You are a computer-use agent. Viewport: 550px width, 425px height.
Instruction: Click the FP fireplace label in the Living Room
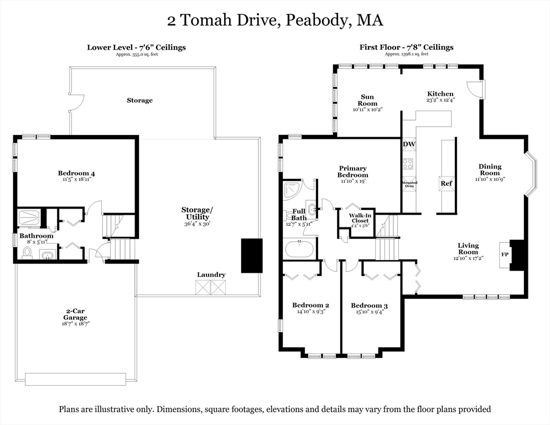point(504,255)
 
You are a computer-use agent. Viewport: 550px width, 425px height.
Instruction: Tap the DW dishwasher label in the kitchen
point(409,144)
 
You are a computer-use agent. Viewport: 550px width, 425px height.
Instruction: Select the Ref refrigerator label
point(447,183)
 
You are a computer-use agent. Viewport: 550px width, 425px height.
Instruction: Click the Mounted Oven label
point(409,184)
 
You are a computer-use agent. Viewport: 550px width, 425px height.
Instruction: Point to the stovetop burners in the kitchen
point(408,164)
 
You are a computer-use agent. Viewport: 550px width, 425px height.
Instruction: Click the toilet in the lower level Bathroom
point(27,252)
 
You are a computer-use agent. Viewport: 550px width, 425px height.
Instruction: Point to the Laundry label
point(211,275)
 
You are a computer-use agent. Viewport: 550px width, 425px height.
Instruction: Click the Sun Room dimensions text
point(367,110)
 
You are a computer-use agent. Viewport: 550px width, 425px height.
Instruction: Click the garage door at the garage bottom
point(75,379)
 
